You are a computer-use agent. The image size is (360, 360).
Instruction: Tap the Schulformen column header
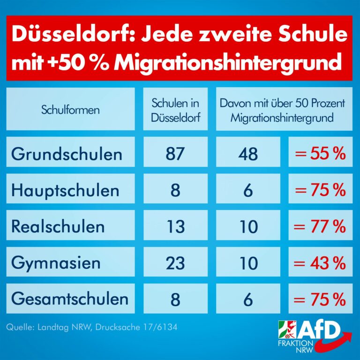pos(70,110)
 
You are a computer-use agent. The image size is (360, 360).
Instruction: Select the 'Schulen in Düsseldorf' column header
pos(176,110)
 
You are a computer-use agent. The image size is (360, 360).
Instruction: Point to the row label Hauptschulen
pos(65,190)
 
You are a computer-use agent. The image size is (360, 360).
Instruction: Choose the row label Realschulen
pos(58,226)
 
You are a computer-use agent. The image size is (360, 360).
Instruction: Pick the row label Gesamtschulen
pos(70,299)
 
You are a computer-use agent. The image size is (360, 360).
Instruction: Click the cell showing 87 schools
pos(176,154)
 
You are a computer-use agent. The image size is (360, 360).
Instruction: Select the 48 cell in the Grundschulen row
pos(247,154)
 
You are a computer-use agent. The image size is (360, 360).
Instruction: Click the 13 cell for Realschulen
pos(176,227)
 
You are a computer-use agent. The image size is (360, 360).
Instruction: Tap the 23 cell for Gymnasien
pos(176,263)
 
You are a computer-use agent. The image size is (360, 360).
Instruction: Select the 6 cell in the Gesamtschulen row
pos(247,299)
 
